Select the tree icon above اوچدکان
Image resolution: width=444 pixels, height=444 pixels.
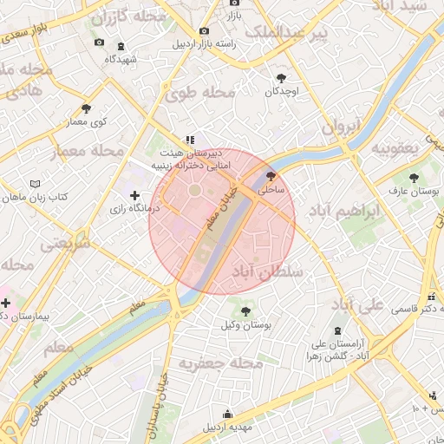[280, 77]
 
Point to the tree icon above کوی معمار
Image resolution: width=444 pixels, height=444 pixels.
[86, 108]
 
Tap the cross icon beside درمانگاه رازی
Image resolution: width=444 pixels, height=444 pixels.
[134, 197]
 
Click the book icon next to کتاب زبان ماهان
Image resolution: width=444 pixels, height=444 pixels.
[35, 185]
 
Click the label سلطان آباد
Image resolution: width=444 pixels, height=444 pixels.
[270, 272]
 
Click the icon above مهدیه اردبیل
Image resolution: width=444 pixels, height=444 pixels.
[227, 414]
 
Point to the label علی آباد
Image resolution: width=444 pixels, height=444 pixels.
[357, 305]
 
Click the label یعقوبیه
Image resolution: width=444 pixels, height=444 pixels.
[395, 148]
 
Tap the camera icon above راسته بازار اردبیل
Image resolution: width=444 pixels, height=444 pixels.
[205, 30]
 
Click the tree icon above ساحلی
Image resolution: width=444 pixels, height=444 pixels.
[271, 175]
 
